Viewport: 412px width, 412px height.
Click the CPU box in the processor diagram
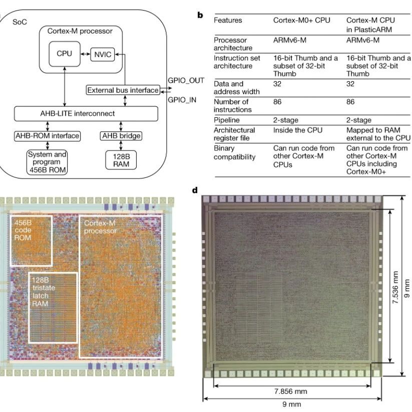pos(65,54)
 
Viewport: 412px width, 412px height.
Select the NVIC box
pos(103,55)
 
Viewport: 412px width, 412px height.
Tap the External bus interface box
pos(123,90)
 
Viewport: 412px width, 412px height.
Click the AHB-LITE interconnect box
pos(86,114)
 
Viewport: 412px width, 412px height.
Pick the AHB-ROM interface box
pos(47,136)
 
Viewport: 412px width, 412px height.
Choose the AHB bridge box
pos(121,136)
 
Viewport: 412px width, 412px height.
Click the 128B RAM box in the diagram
pos(121,160)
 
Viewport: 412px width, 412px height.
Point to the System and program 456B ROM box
pos(47,162)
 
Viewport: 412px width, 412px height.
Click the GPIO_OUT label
pos(186,81)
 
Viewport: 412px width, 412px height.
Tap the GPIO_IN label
pos(182,100)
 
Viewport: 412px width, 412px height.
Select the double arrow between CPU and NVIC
pos(85,54)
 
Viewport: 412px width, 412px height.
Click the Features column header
pos(228,20)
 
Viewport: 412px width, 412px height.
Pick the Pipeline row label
pos(227,120)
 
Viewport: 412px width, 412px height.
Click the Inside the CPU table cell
pos(298,130)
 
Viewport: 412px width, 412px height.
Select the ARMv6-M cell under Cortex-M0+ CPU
pos(290,40)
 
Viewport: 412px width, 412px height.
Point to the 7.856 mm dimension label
pos(291,391)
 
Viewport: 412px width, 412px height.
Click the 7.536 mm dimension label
pos(395,287)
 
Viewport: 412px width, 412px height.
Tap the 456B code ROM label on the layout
pos(23,230)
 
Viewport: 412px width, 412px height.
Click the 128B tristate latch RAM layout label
pos(44,292)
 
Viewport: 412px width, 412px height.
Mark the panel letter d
pos(195,190)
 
